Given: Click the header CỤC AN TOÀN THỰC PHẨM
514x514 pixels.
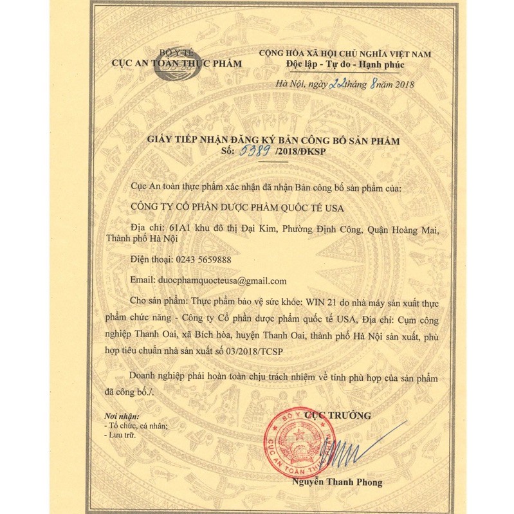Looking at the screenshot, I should coord(176,63).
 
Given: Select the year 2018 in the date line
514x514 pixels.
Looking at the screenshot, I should coord(404,84).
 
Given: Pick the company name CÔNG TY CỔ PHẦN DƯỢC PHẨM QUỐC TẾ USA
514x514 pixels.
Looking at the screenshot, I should coord(237,207).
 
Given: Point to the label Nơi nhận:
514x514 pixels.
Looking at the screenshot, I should coord(122,416).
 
